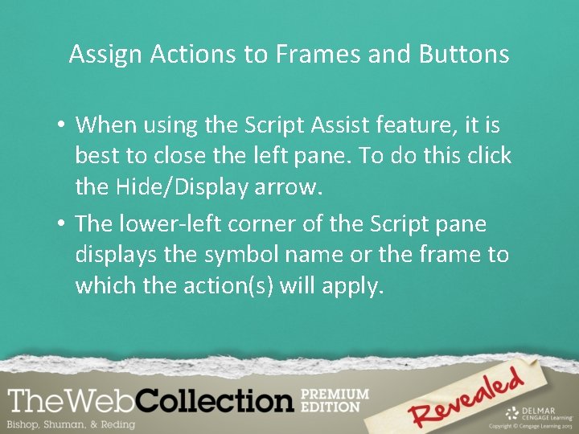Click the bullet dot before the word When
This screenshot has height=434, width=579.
pyautogui.click(x=61, y=126)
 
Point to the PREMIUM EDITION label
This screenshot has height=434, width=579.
pyautogui.click(x=334, y=400)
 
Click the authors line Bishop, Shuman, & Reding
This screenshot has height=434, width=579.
pyautogui.click(x=71, y=424)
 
